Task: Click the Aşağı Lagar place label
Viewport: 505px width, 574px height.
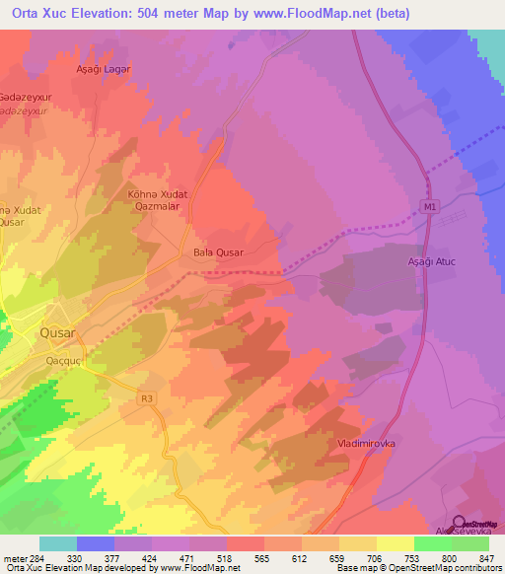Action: tap(104, 69)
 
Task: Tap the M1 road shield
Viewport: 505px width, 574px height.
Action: tap(428, 206)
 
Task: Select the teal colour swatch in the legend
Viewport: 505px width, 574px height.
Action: tap(58, 543)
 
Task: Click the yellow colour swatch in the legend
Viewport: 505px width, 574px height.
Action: tap(396, 543)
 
